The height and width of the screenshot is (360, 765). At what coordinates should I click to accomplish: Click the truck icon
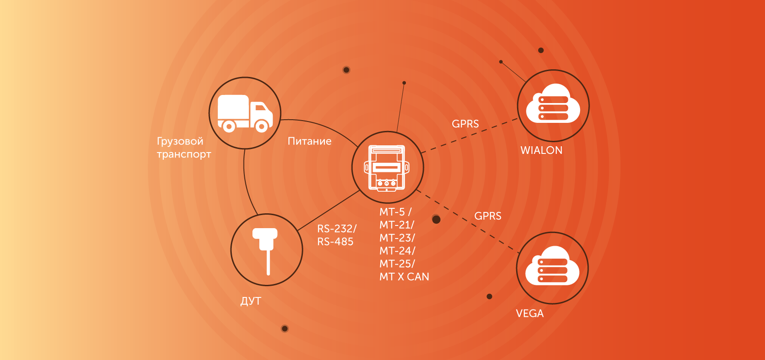(x=245, y=113)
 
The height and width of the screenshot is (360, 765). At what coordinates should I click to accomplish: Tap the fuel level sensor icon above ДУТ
(x=265, y=251)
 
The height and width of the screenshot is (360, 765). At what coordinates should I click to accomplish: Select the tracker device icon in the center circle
(x=387, y=167)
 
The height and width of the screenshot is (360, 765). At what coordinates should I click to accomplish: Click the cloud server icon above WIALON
(x=553, y=103)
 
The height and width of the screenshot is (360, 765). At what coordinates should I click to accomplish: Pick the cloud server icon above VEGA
(x=552, y=265)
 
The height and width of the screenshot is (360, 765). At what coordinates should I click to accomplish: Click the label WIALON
(x=541, y=150)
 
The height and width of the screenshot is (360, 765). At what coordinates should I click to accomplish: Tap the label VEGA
(x=530, y=313)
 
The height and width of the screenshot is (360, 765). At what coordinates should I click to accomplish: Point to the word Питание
(x=310, y=141)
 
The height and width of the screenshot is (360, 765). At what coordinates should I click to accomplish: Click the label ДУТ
(x=251, y=301)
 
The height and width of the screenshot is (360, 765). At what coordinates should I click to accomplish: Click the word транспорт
(x=184, y=155)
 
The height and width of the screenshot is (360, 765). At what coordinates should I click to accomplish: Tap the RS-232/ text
(x=337, y=229)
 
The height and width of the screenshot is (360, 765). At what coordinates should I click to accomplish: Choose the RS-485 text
(x=335, y=242)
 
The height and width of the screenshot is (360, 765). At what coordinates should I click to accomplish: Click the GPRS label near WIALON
(x=465, y=124)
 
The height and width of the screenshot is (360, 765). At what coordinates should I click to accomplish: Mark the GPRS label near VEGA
(x=488, y=216)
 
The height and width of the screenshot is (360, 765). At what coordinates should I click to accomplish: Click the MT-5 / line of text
(x=396, y=212)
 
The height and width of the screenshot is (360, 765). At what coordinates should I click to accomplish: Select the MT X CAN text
(x=405, y=277)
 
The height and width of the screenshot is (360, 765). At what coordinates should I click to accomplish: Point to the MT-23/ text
(x=397, y=238)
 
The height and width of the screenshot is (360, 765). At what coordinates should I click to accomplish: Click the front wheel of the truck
(x=261, y=126)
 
